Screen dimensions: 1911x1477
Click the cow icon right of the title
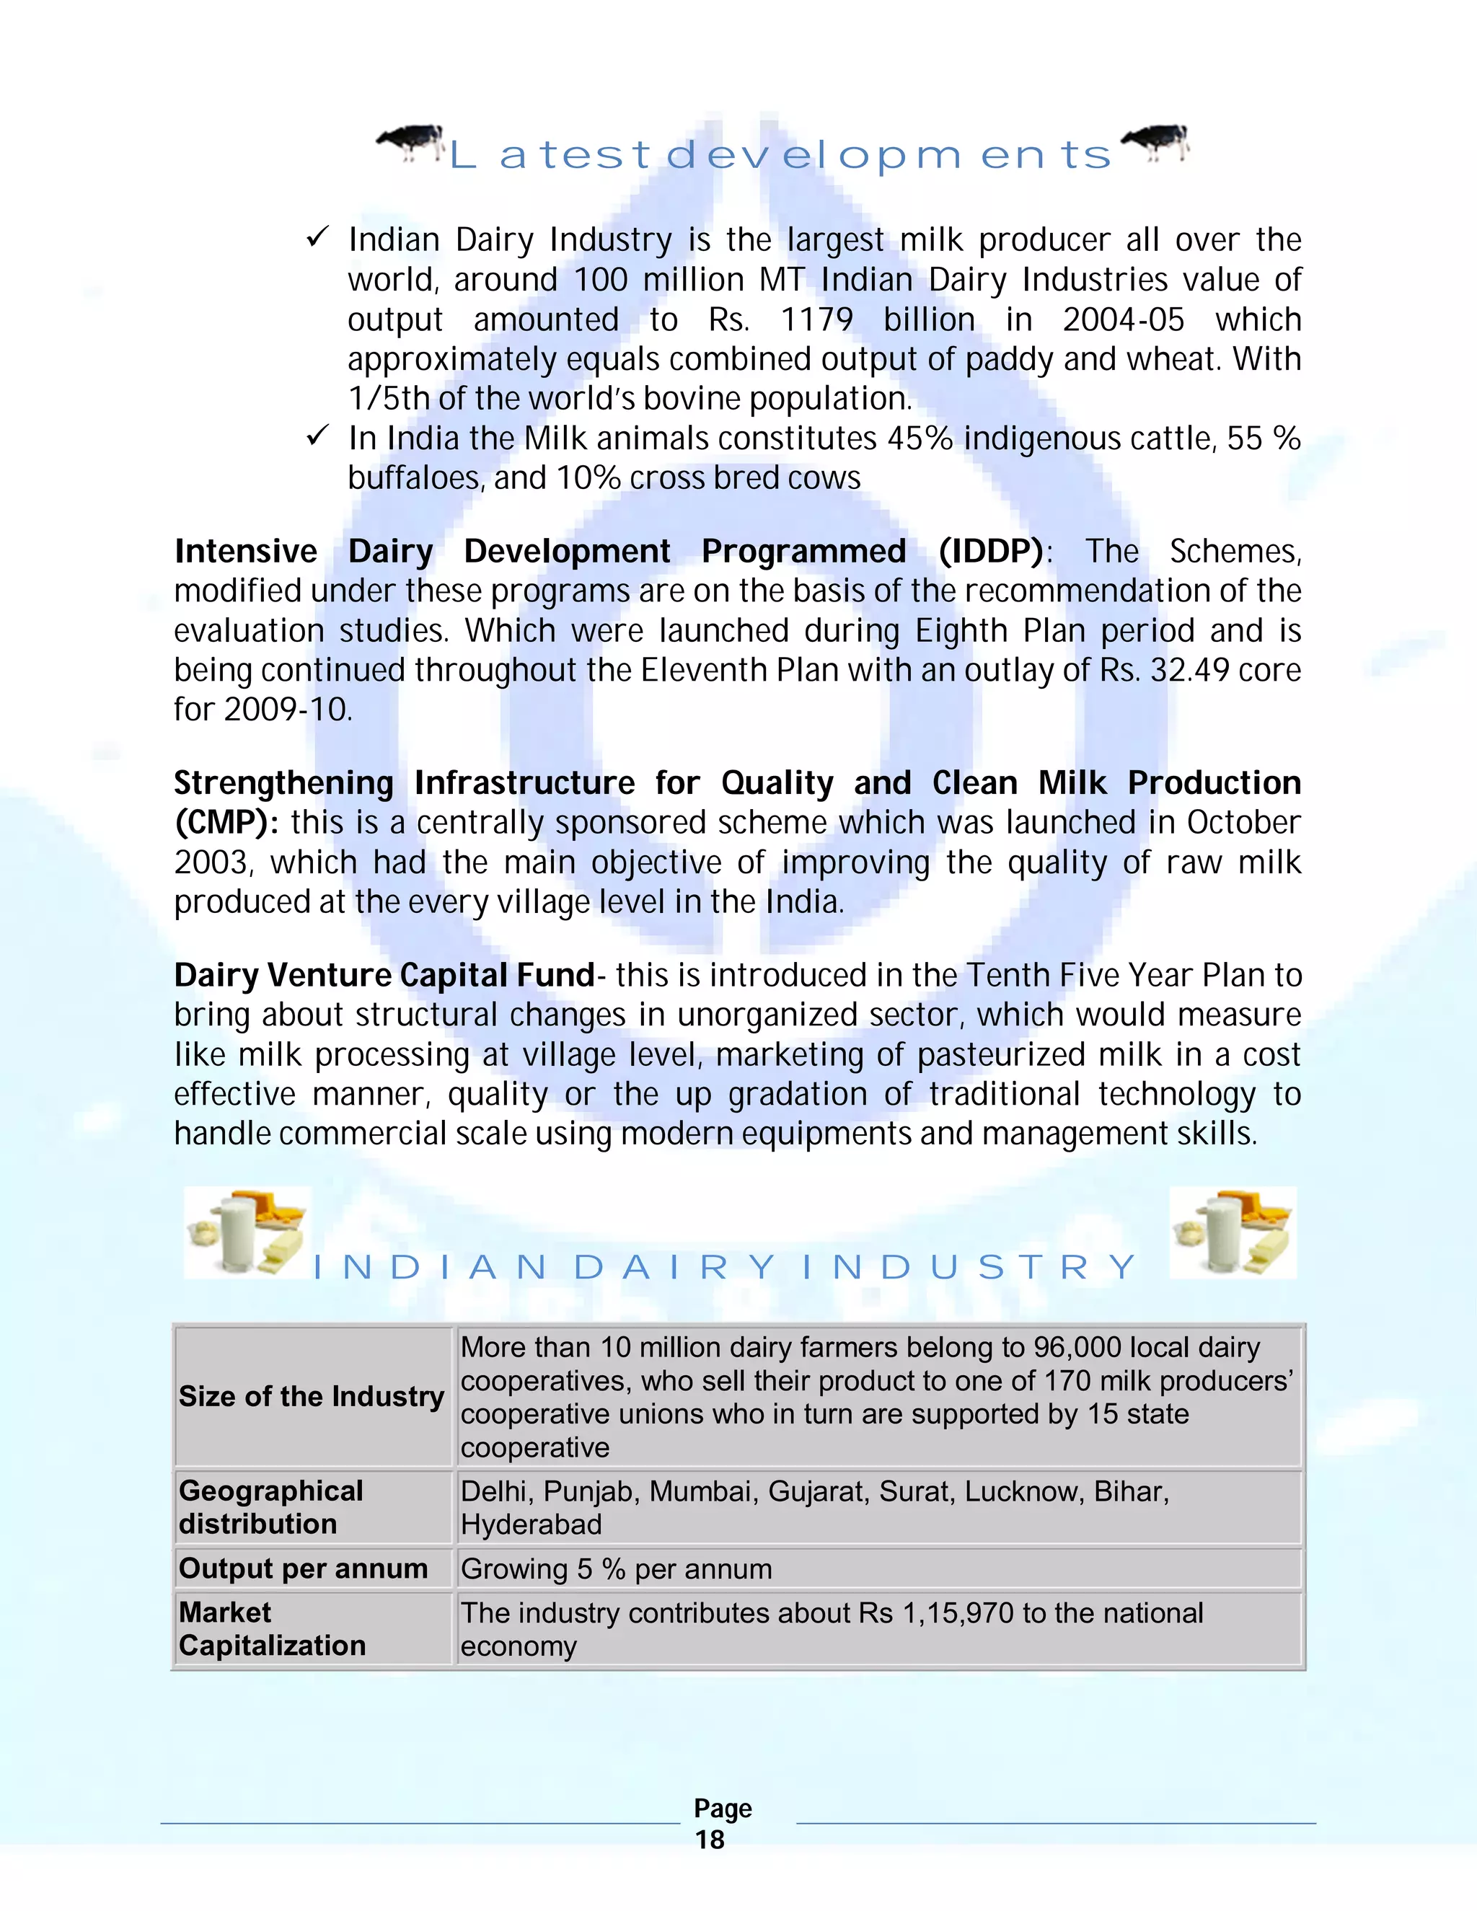click(1156, 143)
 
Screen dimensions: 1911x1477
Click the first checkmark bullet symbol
click(317, 237)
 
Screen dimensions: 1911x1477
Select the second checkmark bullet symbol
click(317, 435)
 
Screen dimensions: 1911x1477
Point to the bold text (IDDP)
click(992, 551)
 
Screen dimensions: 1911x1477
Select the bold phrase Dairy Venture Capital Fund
click(384, 976)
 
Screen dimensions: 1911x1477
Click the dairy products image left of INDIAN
click(247, 1232)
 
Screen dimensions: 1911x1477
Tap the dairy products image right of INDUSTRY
click(1233, 1232)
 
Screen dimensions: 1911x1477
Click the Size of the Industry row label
click(312, 1397)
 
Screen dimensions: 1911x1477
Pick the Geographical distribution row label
click(270, 1506)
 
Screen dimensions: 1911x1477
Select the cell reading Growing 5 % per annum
click(616, 1569)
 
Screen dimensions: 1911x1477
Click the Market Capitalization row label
click(271, 1628)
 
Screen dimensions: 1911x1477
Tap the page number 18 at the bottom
click(710, 1840)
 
